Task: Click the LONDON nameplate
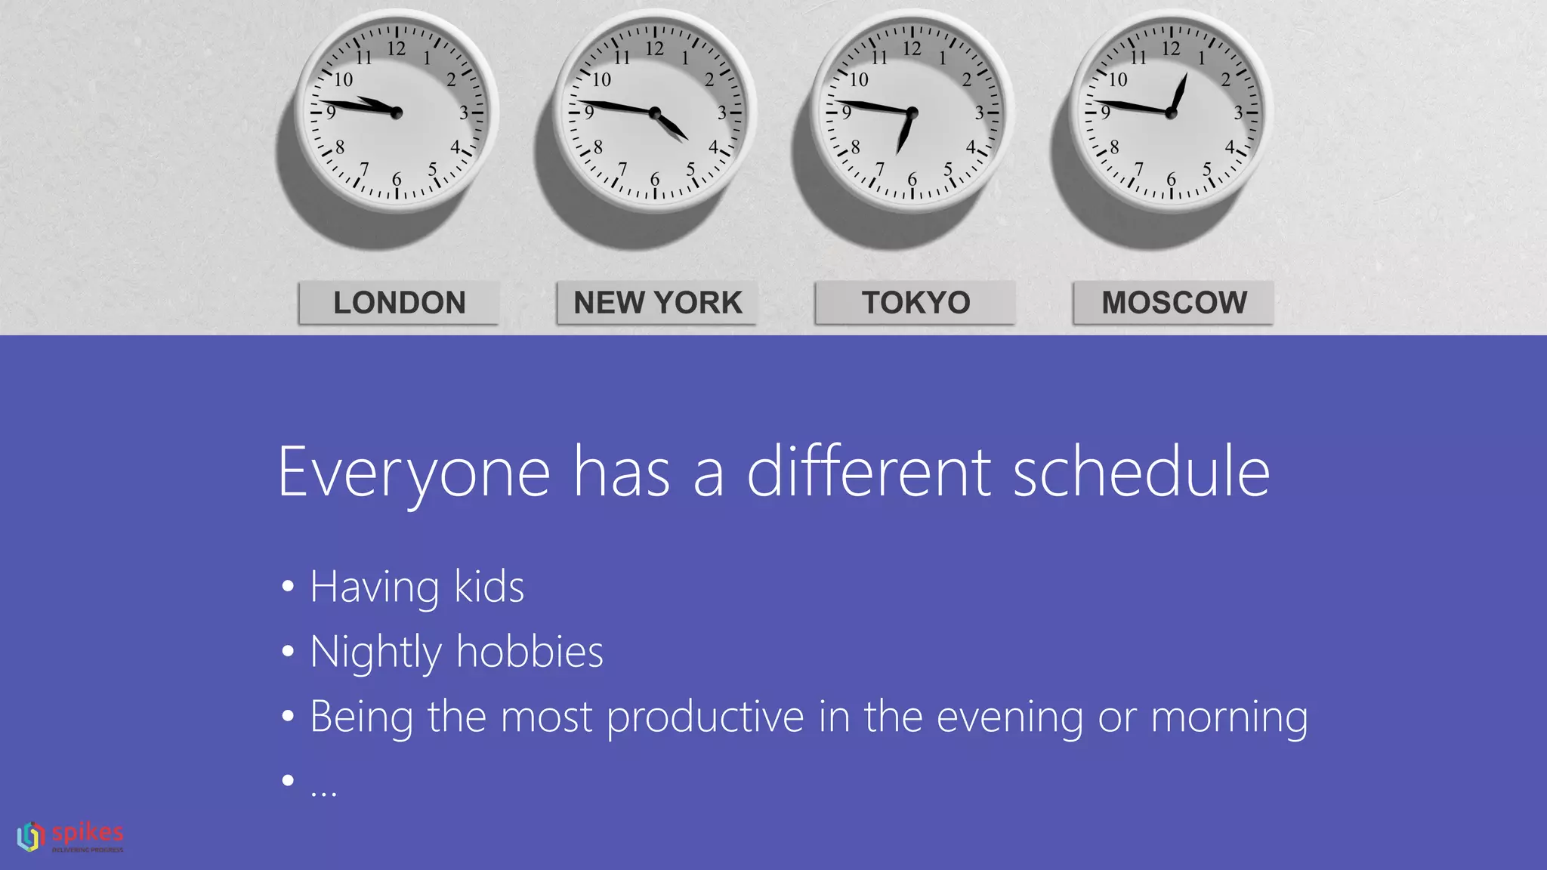point(399,303)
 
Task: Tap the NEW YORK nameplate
point(657,303)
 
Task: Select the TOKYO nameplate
point(916,303)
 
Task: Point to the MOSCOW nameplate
point(1174,303)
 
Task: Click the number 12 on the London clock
point(397,49)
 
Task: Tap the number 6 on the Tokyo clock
point(912,180)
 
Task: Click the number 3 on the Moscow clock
point(1238,113)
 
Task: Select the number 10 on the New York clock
point(601,79)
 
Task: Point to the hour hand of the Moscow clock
point(1179,93)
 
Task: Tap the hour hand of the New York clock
point(672,127)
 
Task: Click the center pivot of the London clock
point(397,113)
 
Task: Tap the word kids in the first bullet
point(489,587)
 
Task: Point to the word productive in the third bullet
point(705,717)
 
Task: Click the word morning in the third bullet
point(1229,717)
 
